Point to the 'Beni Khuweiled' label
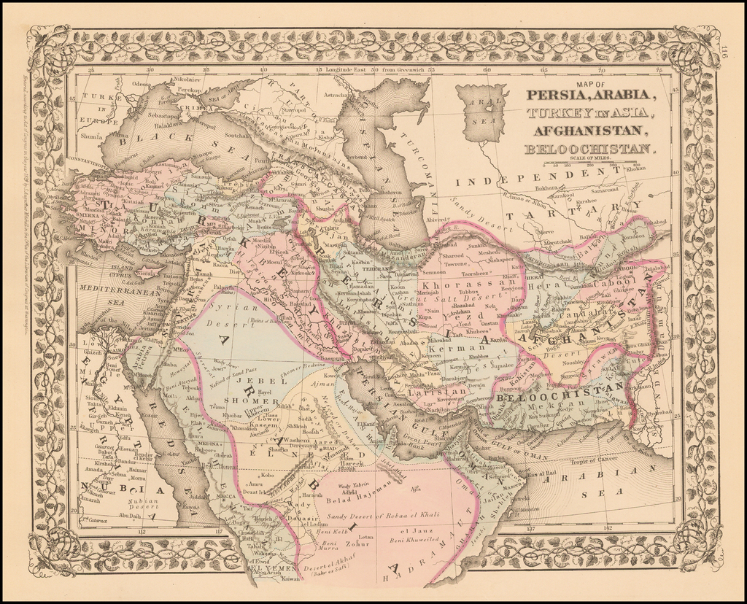click(413, 540)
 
